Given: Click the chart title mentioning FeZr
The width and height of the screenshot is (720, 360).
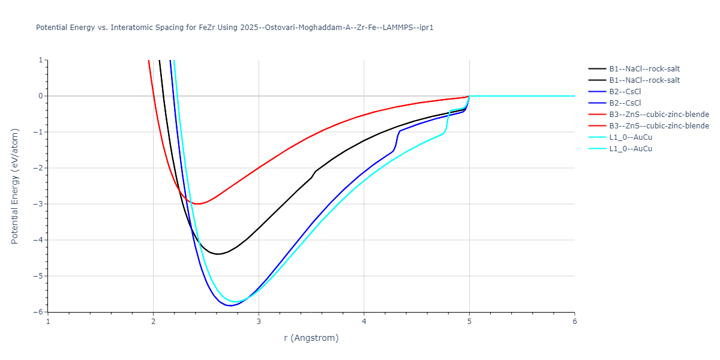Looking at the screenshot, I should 235,28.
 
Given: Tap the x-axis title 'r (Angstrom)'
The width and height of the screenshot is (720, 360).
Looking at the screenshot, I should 311,338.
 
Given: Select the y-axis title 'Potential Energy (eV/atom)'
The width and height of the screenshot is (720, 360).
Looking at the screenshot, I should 16,185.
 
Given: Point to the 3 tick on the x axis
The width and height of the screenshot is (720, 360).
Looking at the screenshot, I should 259,322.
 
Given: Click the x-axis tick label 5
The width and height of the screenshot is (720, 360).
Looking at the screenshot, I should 469,322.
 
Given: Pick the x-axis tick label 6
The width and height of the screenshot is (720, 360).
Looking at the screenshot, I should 574,322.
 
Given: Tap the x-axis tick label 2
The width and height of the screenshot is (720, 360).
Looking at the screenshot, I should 154,322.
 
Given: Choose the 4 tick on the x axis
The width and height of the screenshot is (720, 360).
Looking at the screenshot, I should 364,322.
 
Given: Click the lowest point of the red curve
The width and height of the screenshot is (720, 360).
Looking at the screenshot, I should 196,204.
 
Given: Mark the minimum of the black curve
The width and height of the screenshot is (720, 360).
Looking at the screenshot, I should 218,254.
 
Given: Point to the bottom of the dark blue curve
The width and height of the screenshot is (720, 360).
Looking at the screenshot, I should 229,305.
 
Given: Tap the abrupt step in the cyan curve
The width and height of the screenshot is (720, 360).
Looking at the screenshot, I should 448,120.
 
